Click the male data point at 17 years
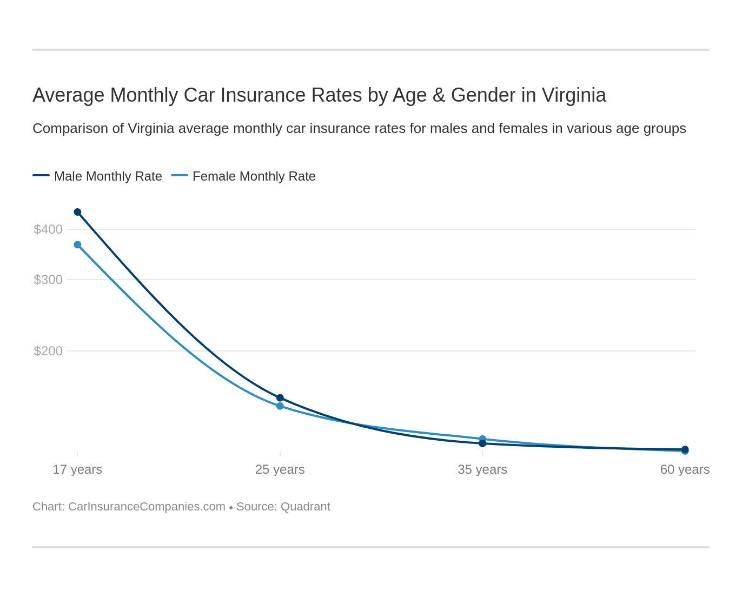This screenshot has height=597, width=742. [x=77, y=212]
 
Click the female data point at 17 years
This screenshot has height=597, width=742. [x=77, y=245]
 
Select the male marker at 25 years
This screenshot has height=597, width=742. [x=280, y=398]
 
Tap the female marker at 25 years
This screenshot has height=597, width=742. [x=280, y=406]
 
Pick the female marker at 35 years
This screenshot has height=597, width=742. [x=482, y=439]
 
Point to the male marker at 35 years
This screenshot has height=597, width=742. [x=482, y=443]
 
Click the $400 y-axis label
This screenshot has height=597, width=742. [x=48, y=229]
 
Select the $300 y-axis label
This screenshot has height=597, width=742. [x=48, y=280]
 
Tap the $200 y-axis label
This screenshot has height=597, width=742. [x=48, y=351]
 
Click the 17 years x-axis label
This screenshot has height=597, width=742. [x=77, y=469]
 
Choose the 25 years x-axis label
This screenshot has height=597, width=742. [x=280, y=469]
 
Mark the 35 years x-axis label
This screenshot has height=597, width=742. [x=482, y=469]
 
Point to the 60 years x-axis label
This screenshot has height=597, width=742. [x=685, y=469]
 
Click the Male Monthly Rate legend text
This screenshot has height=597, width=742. [x=108, y=176]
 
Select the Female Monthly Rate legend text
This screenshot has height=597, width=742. [x=254, y=176]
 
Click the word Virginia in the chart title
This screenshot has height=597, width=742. [x=574, y=95]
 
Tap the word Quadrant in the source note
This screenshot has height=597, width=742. [x=306, y=507]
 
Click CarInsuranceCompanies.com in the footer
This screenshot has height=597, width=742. [x=147, y=507]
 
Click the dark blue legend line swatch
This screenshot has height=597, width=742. [x=41, y=175]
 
